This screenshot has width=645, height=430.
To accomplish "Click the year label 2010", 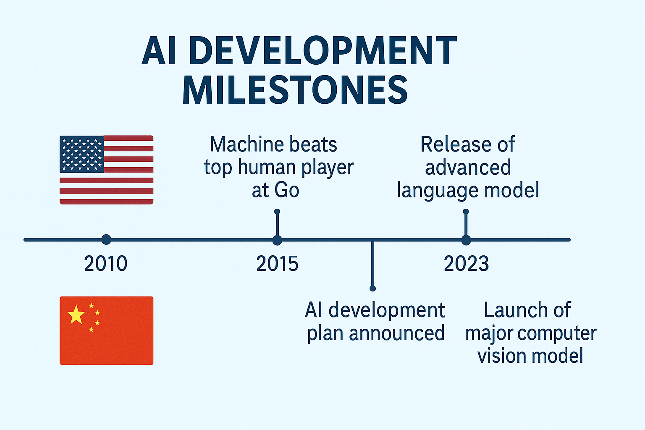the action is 106,264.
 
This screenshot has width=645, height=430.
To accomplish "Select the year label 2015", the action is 277,264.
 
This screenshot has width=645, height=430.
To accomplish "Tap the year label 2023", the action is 466,264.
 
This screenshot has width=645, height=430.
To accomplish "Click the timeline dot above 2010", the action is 106,240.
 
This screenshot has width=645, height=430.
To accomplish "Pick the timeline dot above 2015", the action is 277,240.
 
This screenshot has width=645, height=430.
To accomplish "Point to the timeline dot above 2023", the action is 466,240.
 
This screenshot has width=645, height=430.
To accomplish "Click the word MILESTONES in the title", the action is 295,90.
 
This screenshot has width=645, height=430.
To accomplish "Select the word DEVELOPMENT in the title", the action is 323,50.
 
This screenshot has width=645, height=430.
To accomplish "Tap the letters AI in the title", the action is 159,51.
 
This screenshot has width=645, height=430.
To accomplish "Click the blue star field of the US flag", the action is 82,155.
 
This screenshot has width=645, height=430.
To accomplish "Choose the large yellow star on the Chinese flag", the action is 76,314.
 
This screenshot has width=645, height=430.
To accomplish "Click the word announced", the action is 397,333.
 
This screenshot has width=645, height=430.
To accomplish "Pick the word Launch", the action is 514,310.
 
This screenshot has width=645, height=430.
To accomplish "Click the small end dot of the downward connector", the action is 372,288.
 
